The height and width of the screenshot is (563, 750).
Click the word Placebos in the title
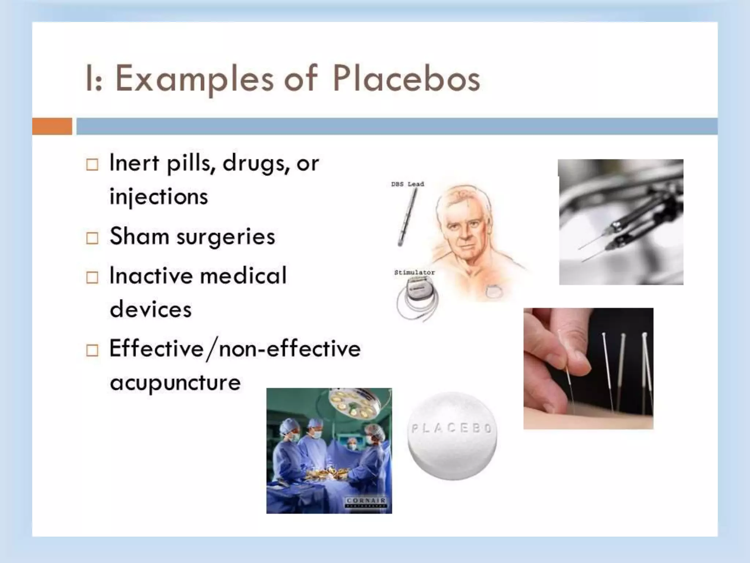click(406, 78)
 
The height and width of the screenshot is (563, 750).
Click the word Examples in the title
click(194, 78)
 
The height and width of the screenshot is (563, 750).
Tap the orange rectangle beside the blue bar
click(52, 126)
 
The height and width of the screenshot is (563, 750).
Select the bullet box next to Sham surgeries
click(92, 238)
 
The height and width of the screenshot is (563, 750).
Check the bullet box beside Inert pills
click(92, 165)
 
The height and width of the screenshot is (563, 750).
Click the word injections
click(159, 197)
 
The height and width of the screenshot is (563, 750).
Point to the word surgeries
click(226, 236)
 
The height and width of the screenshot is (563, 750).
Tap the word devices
click(151, 309)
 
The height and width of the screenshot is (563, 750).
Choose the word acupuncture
click(175, 383)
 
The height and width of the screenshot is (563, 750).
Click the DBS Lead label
click(407, 184)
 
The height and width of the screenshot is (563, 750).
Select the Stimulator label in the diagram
click(414, 272)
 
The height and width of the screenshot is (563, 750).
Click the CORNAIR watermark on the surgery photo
click(366, 501)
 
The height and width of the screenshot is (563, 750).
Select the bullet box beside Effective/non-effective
click(92, 350)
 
